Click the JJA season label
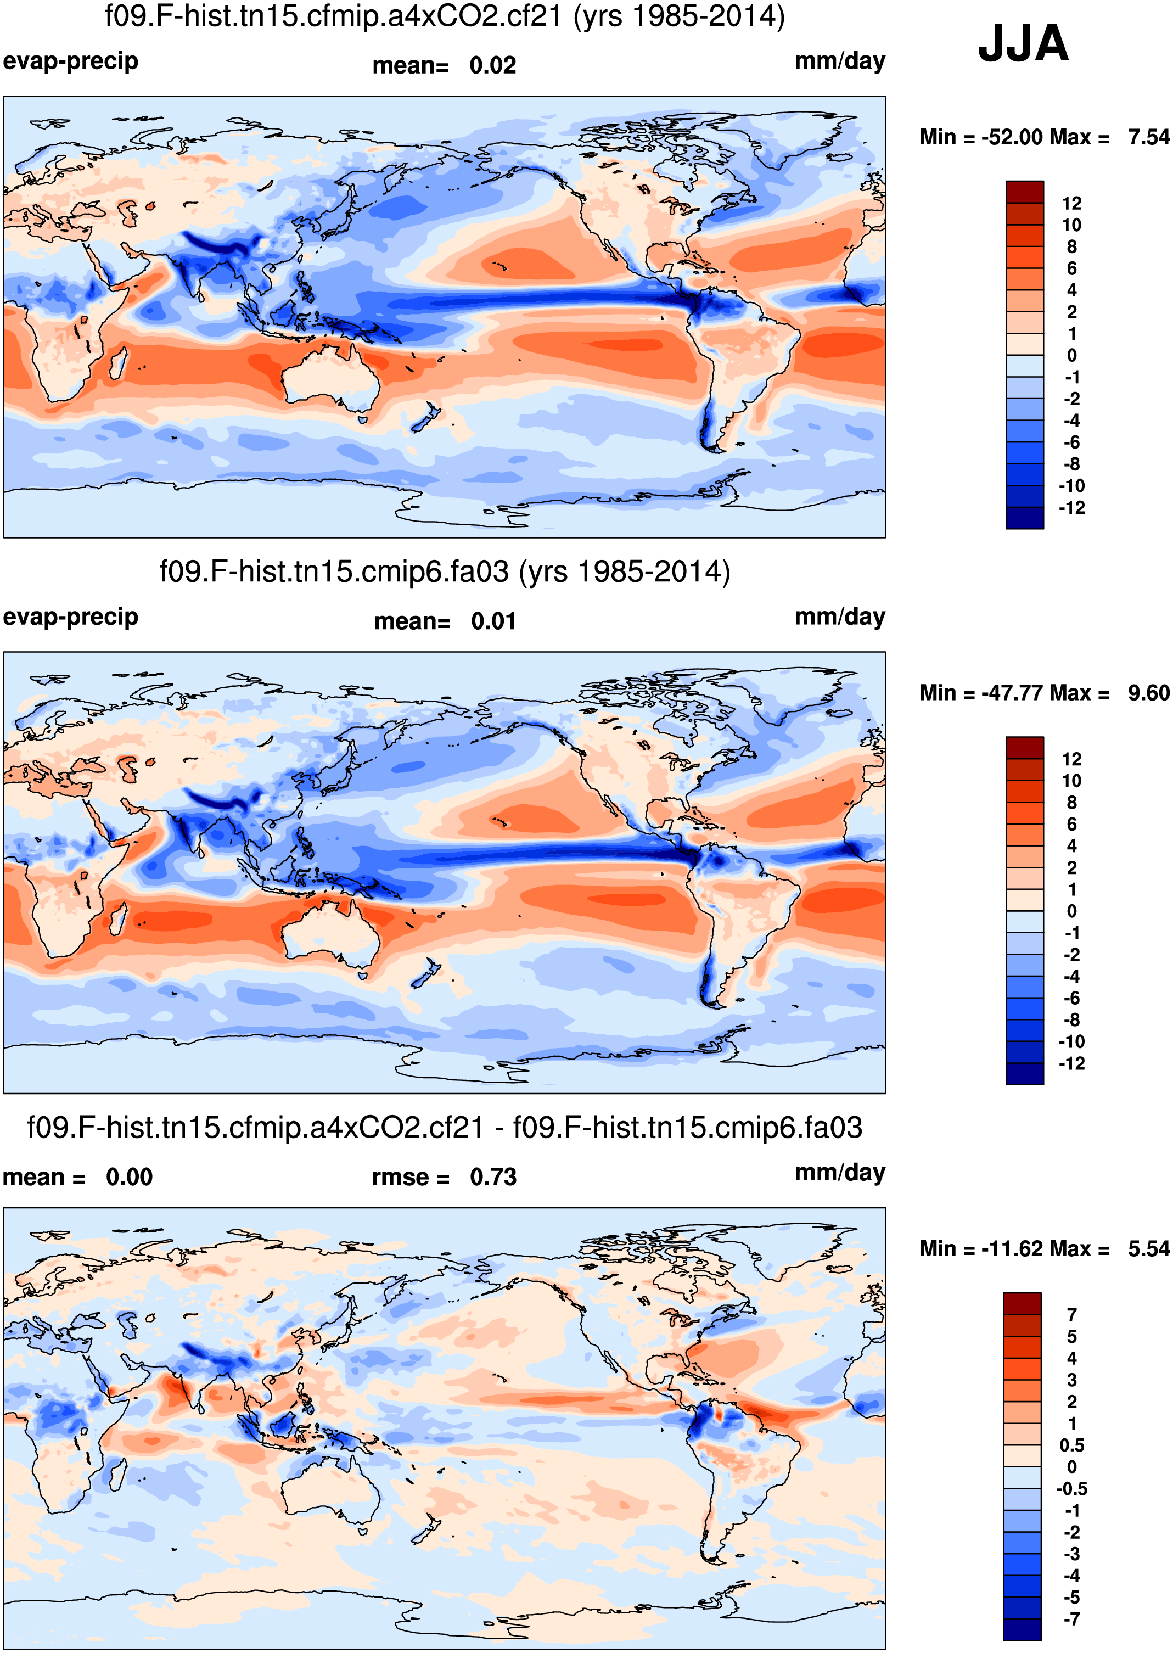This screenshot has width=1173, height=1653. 1023,43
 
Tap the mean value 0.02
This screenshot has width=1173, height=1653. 492,66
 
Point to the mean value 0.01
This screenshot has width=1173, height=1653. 493,621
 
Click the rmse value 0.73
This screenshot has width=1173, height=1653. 493,1177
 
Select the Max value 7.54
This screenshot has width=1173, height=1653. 1148,137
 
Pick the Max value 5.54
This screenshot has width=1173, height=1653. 1148,1248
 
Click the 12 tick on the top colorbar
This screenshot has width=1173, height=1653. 1071,203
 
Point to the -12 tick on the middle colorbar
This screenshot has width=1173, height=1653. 1071,1063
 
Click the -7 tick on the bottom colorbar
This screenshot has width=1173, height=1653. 1071,1619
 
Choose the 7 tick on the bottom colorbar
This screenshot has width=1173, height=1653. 1071,1315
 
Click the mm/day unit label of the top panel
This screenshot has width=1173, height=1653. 839,61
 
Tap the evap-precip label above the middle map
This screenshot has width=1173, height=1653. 70,617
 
